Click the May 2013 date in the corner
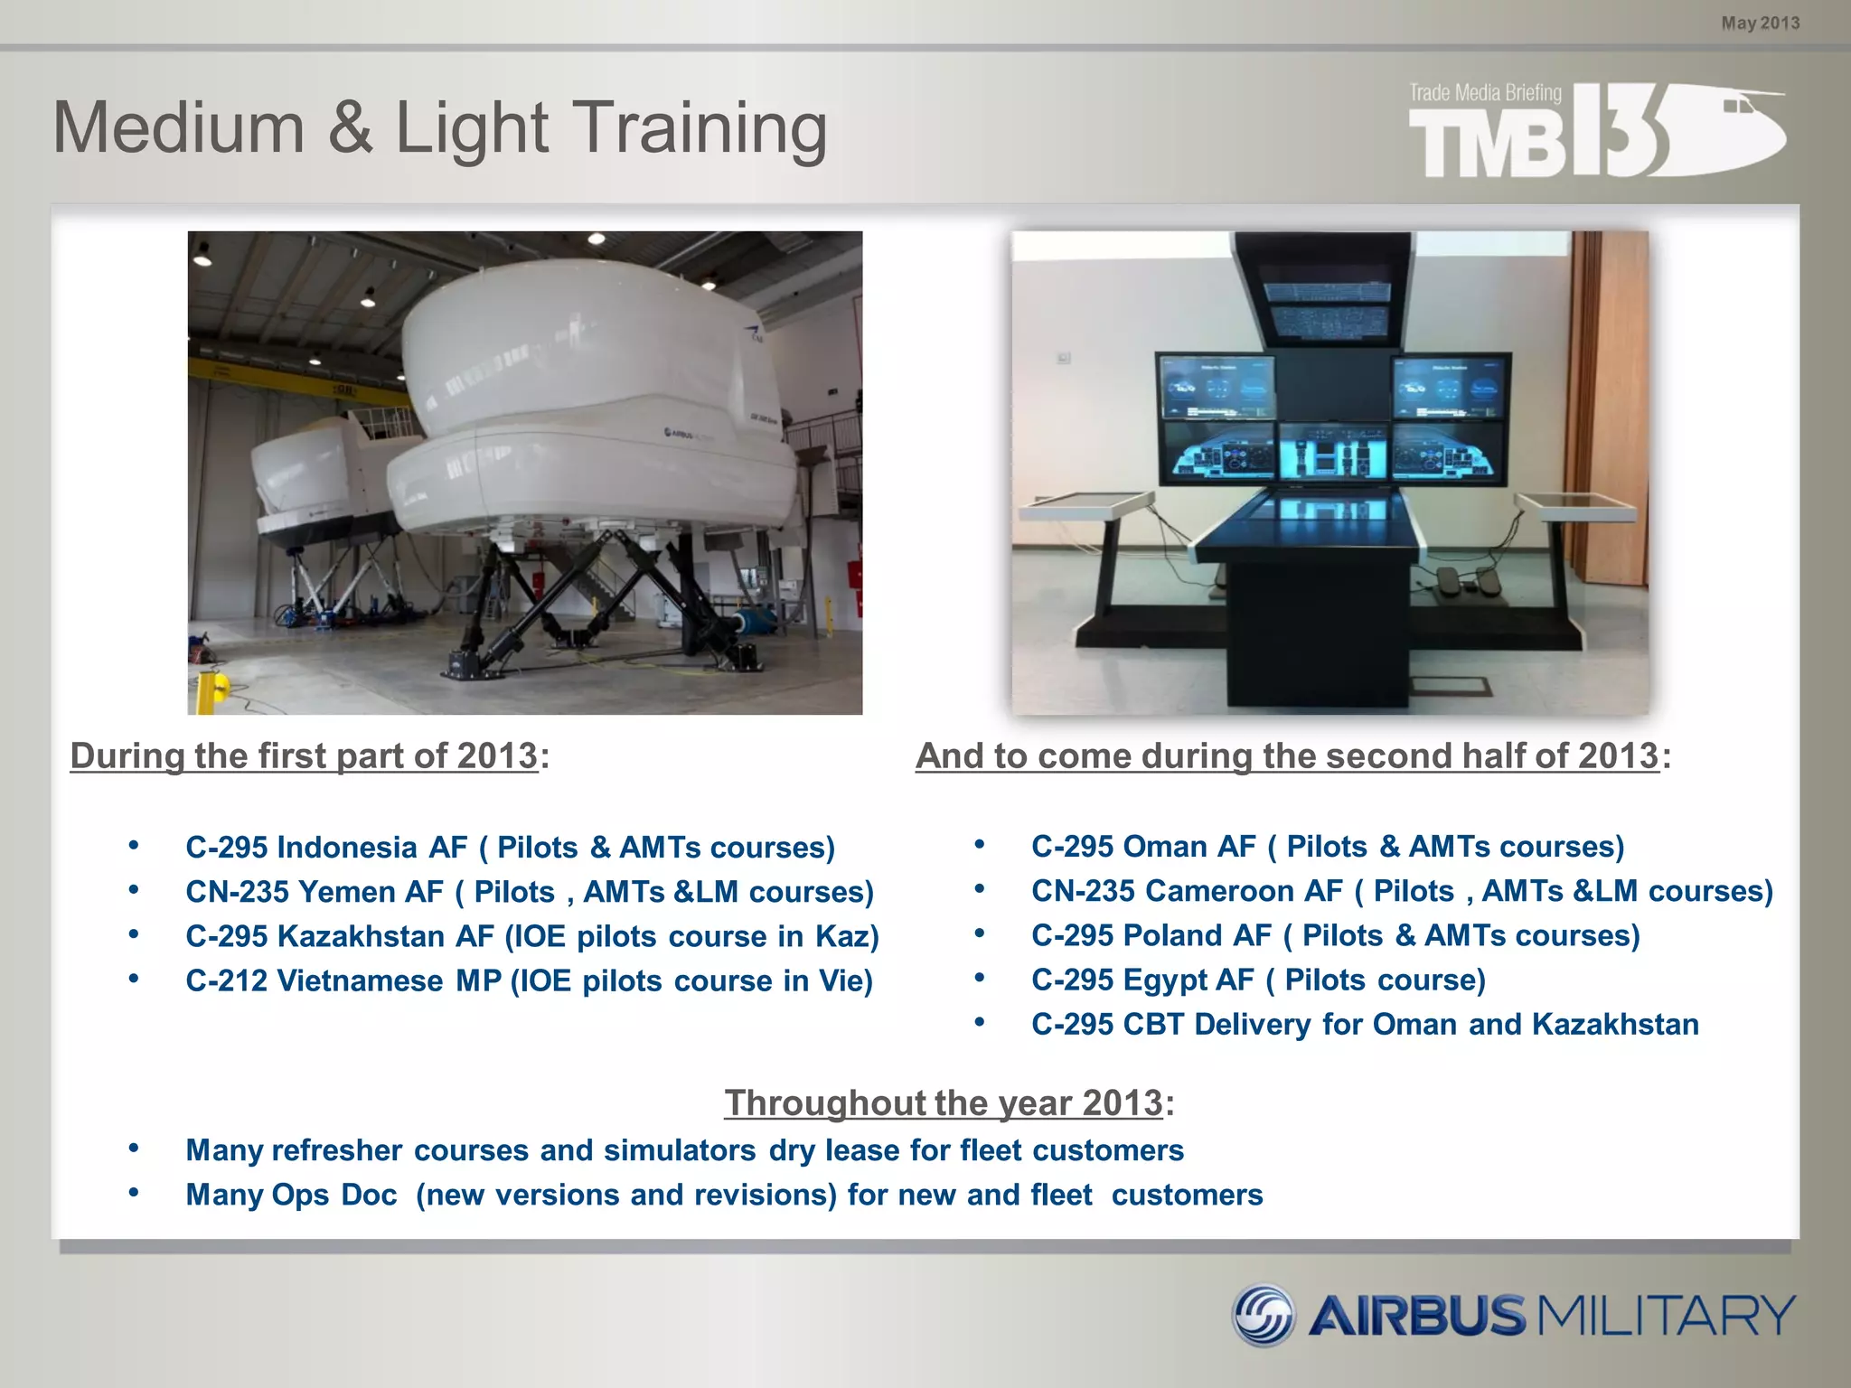[x=1760, y=23]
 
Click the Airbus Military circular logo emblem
[x=1264, y=1315]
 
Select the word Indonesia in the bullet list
[x=347, y=848]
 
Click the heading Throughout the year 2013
[x=943, y=1102]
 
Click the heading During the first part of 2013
[x=304, y=755]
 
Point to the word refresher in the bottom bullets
[x=337, y=1150]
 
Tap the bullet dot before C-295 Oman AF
[x=980, y=845]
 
